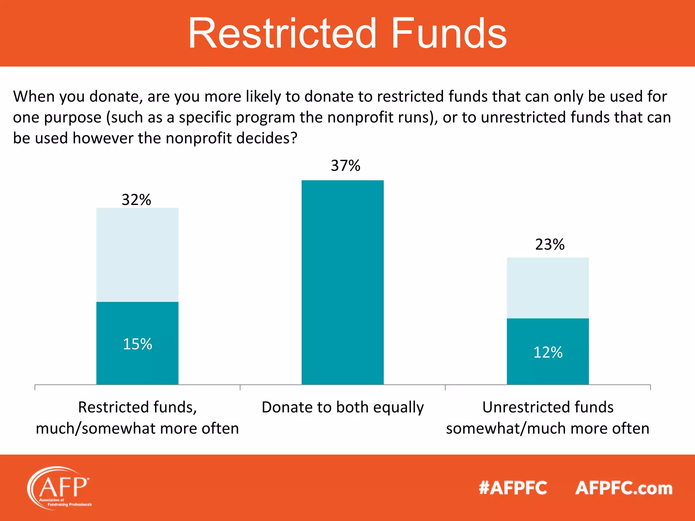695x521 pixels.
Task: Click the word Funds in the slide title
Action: (449, 34)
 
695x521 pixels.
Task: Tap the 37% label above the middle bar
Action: (345, 166)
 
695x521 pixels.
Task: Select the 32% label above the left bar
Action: (136, 200)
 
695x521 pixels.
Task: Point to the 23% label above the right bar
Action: (550, 245)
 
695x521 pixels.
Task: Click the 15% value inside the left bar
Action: (137, 344)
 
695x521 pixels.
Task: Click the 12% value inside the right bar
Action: (548, 352)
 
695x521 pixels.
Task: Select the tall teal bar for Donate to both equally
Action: (343, 282)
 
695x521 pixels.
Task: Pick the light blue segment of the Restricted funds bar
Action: (137, 254)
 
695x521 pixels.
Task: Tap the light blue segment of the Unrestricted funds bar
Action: (548, 288)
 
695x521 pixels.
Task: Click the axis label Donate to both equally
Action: (343, 407)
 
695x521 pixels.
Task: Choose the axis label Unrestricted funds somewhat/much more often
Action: (548, 418)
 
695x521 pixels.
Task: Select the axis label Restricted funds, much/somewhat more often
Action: (137, 418)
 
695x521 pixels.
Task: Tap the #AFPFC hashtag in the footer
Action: (513, 488)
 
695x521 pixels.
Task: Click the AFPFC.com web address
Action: (624, 488)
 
